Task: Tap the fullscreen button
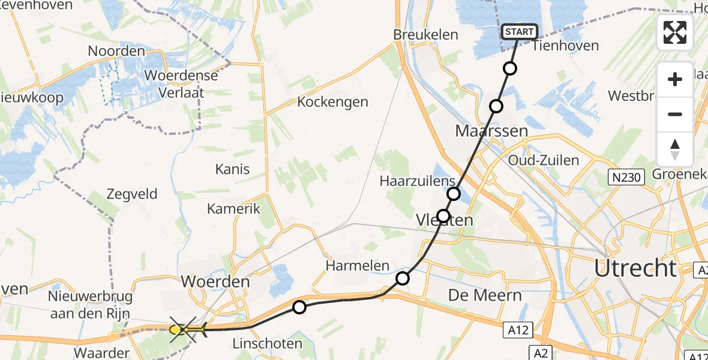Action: (675, 32)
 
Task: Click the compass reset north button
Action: (675, 149)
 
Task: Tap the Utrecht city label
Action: (635, 268)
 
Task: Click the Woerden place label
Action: (215, 281)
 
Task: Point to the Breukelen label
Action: (425, 35)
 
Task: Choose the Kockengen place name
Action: (332, 101)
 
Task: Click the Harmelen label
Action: (358, 265)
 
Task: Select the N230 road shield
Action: (628, 177)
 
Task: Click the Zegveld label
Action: (131, 194)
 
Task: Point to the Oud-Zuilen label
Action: (543, 160)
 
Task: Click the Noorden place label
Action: (116, 51)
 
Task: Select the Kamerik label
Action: (234, 208)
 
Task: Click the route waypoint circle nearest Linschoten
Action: (299, 307)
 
